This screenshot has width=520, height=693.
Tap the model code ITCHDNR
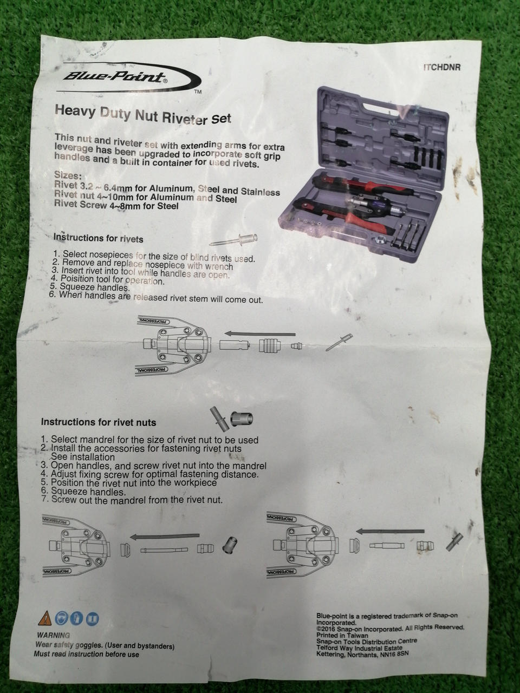click(x=441, y=67)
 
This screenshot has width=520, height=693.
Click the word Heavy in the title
click(x=75, y=111)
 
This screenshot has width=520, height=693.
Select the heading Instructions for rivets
click(x=98, y=238)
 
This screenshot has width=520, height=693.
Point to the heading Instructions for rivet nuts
click(x=99, y=422)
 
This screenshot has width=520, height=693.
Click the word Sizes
click(x=68, y=175)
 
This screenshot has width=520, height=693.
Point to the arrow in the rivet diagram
click(x=260, y=334)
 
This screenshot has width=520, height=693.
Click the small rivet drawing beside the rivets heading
click(x=233, y=240)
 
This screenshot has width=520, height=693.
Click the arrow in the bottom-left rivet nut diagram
click(x=165, y=536)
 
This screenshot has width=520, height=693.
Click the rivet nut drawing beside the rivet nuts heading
click(x=242, y=419)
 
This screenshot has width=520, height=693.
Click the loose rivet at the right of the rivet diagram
click(x=339, y=342)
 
